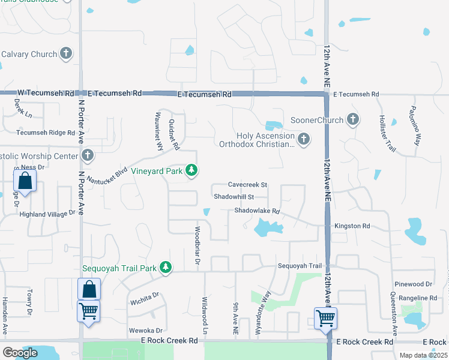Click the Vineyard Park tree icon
click(x=191, y=171)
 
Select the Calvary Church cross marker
click(x=66, y=54)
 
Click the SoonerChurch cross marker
click(x=353, y=119)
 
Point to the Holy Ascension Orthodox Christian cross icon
click(x=304, y=139)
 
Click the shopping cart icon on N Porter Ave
click(x=88, y=311)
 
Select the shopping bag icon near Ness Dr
click(x=25, y=181)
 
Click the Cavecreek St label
click(x=247, y=185)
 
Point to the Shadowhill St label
click(x=234, y=196)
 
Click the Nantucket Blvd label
click(x=107, y=175)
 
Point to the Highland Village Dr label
click(x=48, y=213)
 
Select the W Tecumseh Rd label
click(x=46, y=94)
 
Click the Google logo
click(x=20, y=353)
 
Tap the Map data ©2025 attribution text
click(x=423, y=355)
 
